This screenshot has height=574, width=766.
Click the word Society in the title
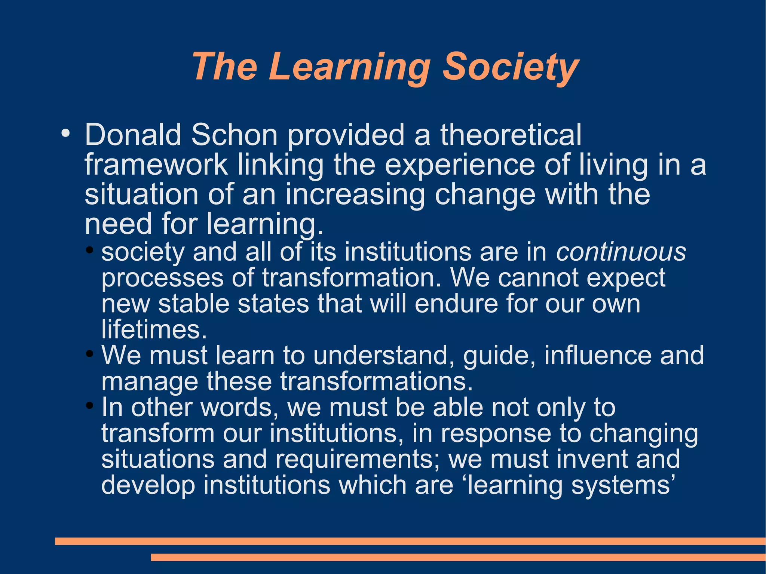point(511,67)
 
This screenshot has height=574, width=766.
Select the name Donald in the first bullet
point(133,135)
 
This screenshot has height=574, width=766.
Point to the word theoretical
point(511,135)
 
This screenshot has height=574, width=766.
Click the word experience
point(460,165)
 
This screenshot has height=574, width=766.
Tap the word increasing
point(355,194)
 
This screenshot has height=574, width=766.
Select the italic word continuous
point(621,252)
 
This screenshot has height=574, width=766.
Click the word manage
point(150,381)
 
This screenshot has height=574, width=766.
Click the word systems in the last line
point(623,485)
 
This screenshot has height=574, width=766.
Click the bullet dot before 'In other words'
point(89,405)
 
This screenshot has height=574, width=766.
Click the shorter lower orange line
point(458,558)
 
